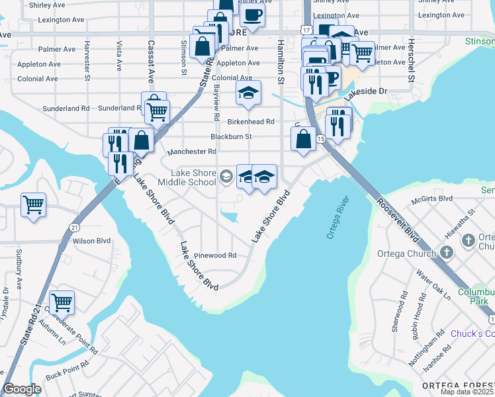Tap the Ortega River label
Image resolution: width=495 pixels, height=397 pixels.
click(337, 218)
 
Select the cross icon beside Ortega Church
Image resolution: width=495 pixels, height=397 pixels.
click(447, 252)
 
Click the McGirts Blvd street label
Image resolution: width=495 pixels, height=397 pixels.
click(431, 198)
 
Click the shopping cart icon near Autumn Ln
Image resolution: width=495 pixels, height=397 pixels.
click(62, 303)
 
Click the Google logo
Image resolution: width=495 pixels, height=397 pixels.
click(22, 390)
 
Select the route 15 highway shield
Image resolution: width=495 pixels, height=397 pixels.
click(320, 139)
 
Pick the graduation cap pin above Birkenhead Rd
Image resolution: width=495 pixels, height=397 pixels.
click(248, 95)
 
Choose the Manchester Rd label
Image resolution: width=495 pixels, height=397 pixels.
click(192, 152)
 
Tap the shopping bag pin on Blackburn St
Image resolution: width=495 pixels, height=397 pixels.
click(302, 139)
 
